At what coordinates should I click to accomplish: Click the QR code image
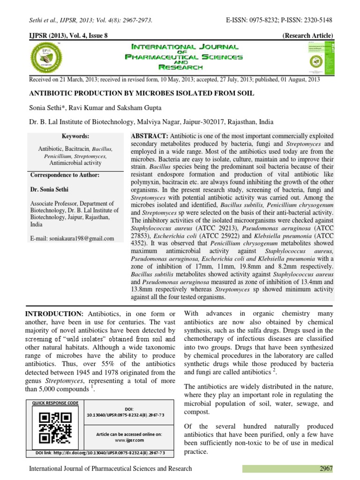[55, 427]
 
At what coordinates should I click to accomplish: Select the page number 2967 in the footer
[326, 468]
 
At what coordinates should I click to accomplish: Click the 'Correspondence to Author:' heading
[65, 175]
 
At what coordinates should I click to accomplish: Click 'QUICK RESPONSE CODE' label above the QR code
[55, 403]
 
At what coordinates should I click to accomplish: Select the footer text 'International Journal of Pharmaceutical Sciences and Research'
[111, 468]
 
